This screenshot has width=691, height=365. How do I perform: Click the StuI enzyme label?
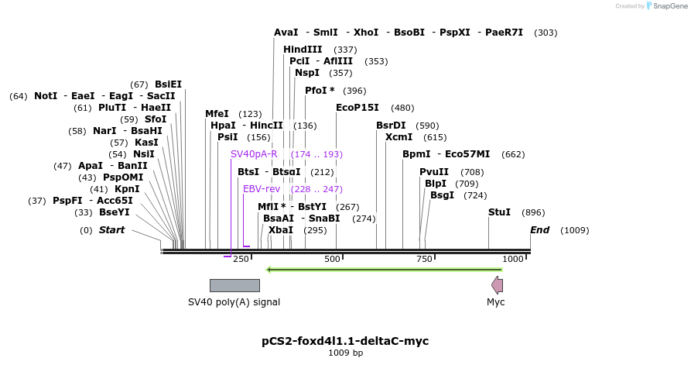pos(499,212)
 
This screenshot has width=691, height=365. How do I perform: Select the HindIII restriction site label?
pos(303,50)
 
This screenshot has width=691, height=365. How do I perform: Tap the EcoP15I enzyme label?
pos(357,108)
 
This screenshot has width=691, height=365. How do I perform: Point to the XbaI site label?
pos(281,230)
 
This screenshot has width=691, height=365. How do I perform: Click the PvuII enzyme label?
pos(434,172)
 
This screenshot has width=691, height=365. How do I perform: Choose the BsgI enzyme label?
pos(442,195)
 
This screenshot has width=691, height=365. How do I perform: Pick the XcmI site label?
pos(399,137)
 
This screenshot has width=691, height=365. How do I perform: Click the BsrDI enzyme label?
pos(391,126)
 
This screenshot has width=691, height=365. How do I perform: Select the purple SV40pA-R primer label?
pos(254,154)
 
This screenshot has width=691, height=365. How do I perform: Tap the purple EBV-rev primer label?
pos(261,189)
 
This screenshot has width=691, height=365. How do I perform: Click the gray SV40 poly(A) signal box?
pos(234,285)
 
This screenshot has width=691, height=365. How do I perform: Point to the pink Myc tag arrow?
pos(497,285)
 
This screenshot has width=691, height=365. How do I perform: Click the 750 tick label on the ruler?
pos(422,259)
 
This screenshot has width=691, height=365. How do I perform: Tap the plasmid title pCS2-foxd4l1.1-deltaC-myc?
pos(345,341)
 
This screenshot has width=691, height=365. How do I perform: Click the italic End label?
pos(539,230)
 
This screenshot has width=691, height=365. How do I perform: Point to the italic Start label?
pos(111,230)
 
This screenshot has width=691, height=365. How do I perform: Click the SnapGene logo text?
pos(668,6)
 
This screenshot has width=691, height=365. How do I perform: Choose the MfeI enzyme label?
pos(217,114)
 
